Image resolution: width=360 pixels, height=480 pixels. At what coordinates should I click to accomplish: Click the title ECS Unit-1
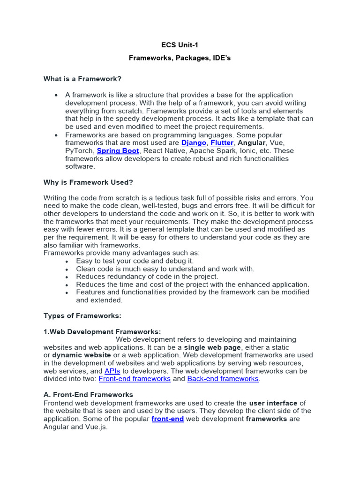[x=180, y=45]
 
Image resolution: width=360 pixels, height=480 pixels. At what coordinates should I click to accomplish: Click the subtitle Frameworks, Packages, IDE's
[x=180, y=58]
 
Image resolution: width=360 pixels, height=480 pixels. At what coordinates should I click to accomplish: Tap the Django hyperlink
[x=194, y=142]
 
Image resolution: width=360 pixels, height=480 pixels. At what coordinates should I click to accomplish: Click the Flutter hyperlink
[x=222, y=142]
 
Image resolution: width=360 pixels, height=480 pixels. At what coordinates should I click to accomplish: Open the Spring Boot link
[x=118, y=150]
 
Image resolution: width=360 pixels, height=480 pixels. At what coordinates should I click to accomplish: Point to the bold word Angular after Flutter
[x=252, y=142]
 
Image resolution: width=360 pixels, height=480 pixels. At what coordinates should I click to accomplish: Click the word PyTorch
[x=79, y=150]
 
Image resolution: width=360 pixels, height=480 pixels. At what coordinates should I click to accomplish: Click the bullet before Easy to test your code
[x=67, y=261]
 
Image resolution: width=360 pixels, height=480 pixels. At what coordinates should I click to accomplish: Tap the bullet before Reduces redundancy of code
[x=67, y=277]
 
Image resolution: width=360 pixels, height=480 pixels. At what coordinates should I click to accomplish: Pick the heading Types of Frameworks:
[x=82, y=316]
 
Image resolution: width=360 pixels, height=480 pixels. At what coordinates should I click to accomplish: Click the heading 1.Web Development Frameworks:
[x=102, y=331]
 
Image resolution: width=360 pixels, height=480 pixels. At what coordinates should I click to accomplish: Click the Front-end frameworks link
[x=135, y=379]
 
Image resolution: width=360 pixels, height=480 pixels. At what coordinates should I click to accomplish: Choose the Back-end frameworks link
[x=223, y=379]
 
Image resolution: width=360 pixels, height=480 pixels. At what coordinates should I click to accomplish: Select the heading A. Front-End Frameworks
[x=88, y=395]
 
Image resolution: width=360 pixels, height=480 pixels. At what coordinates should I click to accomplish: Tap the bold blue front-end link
[x=167, y=419]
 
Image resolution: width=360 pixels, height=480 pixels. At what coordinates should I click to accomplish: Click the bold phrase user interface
[x=273, y=403]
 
